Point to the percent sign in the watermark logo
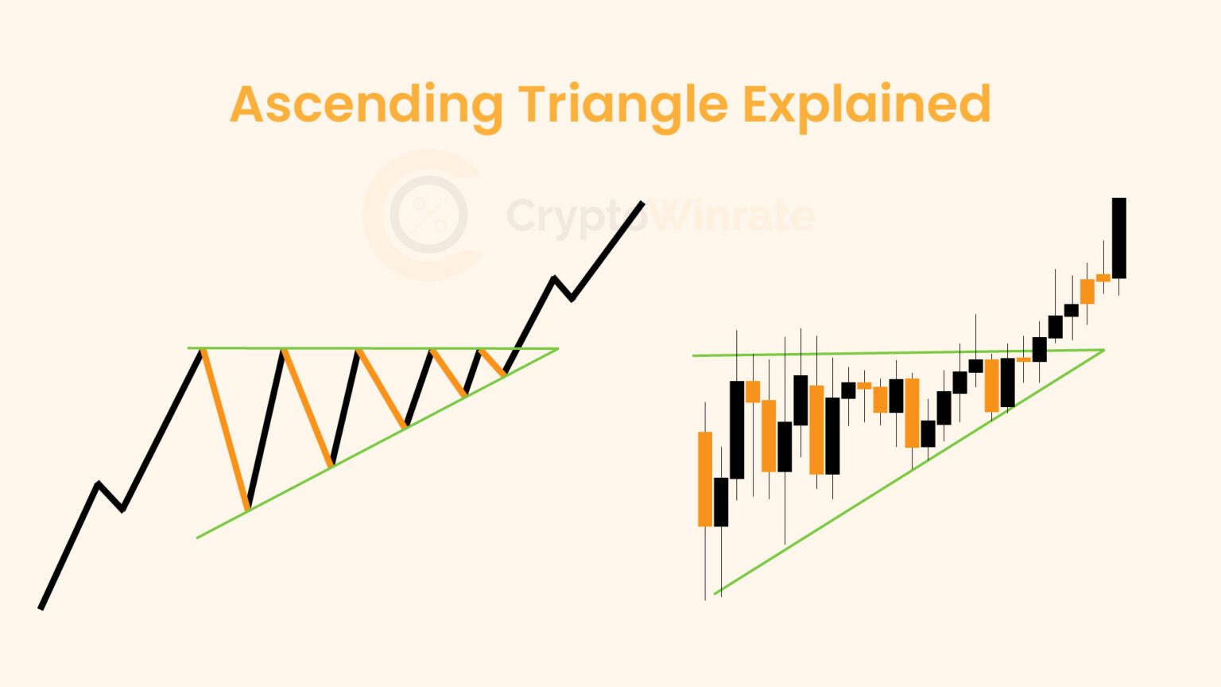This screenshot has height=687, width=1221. click(x=429, y=215)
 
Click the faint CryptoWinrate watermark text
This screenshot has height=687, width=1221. click(x=660, y=215)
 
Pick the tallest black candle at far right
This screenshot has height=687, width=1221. click(x=1118, y=238)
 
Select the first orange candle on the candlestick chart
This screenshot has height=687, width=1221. click(x=705, y=479)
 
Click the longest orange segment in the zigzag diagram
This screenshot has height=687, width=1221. click(x=226, y=428)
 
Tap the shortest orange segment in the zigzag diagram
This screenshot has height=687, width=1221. click(x=493, y=362)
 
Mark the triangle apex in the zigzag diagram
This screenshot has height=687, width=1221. click(x=558, y=348)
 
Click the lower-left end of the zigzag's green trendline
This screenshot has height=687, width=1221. click(x=197, y=538)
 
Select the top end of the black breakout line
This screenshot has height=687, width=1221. click(x=642, y=204)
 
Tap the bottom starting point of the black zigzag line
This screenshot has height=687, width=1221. click(x=41, y=608)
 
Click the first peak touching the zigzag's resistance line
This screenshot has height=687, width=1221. click(x=202, y=350)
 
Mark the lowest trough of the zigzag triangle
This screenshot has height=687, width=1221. click(x=248, y=507)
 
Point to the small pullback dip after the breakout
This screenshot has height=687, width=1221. click(x=572, y=299)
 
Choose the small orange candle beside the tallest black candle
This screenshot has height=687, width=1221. click(x=1103, y=278)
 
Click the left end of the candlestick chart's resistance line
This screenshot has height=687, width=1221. click(x=694, y=355)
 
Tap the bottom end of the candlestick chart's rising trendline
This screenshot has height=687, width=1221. click(x=715, y=593)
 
